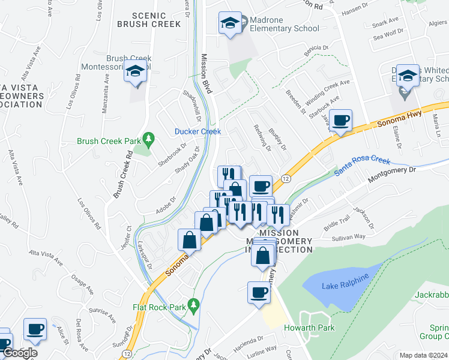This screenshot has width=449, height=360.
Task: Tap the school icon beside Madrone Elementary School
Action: click(x=229, y=23)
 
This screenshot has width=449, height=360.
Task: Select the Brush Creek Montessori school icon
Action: click(x=135, y=71)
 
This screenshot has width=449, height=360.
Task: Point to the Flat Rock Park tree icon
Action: click(x=193, y=306)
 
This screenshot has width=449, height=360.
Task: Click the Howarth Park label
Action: click(x=315, y=328)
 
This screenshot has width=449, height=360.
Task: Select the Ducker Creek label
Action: click(x=197, y=131)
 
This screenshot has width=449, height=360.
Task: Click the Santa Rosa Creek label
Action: click(x=363, y=166)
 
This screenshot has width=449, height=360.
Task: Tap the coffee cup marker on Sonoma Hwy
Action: click(x=340, y=120)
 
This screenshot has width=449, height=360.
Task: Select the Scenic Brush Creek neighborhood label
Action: click(x=149, y=20)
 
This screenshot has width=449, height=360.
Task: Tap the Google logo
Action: click(x=19, y=353)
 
